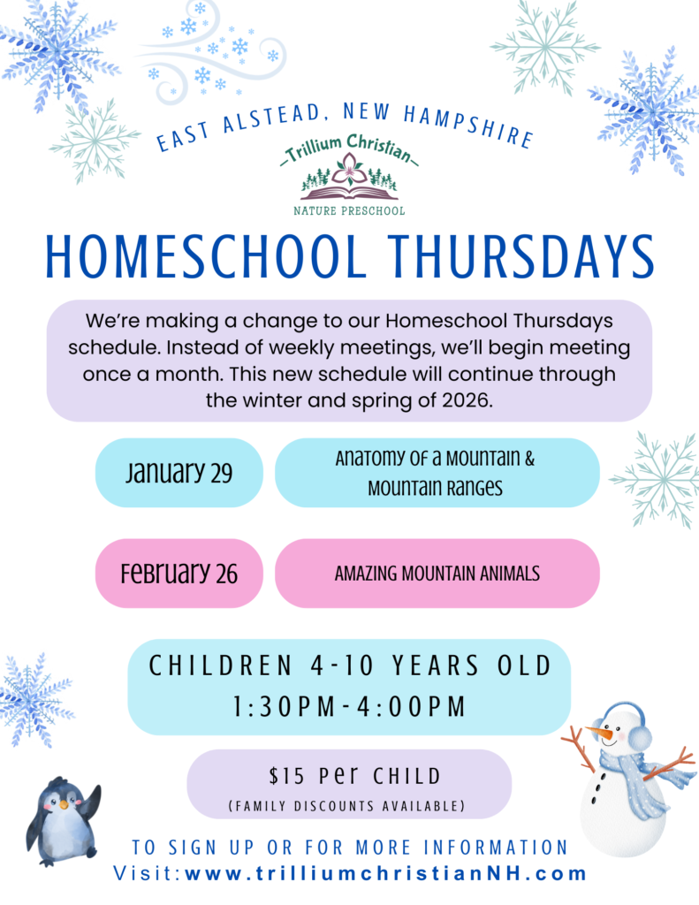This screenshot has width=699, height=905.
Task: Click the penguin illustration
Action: tap(63, 821)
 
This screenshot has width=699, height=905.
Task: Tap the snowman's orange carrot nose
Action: tap(599, 733)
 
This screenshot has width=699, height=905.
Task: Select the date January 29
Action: tap(179, 473)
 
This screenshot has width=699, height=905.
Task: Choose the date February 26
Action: tap(179, 573)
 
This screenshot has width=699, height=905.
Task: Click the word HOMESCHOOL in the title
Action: tap(206, 257)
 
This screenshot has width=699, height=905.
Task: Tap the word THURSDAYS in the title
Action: tap(521, 257)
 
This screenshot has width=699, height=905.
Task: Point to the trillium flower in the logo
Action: tap(349, 169)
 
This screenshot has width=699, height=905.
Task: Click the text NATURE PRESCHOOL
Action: tap(349, 211)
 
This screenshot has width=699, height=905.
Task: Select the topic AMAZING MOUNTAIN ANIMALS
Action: tap(437, 574)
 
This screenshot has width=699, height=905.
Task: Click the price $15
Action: tap(286, 776)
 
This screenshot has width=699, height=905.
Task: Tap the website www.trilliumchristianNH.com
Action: tap(385, 873)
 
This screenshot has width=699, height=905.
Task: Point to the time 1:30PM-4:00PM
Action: tap(349, 706)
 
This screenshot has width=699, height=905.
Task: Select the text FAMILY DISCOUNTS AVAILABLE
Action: tap(347, 806)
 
